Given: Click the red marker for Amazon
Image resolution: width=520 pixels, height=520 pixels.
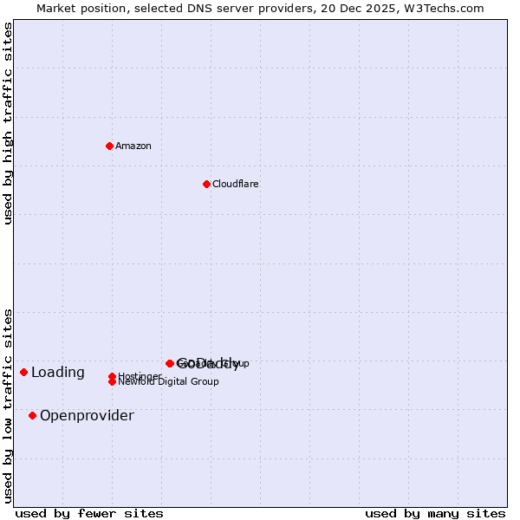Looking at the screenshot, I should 109,146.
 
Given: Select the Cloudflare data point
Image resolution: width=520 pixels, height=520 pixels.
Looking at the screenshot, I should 206,184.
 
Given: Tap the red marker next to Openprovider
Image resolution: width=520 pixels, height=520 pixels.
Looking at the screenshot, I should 33,415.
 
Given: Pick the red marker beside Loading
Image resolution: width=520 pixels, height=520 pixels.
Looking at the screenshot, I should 24,372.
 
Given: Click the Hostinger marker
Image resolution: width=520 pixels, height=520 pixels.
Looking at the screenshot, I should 113,376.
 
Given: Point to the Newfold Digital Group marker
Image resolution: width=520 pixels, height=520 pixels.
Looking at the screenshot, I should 113,382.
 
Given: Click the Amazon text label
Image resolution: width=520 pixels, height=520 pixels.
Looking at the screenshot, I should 133,146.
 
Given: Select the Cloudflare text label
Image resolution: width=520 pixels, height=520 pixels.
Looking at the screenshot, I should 236,184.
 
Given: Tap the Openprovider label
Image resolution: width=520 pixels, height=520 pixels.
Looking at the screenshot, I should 87,416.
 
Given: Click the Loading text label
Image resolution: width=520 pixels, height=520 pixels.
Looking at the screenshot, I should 58,373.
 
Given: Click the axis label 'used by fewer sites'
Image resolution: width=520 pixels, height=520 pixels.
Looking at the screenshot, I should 89,514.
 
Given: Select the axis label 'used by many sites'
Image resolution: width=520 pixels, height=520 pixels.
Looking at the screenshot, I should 435,514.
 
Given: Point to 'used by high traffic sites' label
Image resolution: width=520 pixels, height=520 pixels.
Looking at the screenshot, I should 9,123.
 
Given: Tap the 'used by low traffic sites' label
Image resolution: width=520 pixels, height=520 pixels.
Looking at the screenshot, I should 9,406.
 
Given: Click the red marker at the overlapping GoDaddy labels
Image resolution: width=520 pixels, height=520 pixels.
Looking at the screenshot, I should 170,363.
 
